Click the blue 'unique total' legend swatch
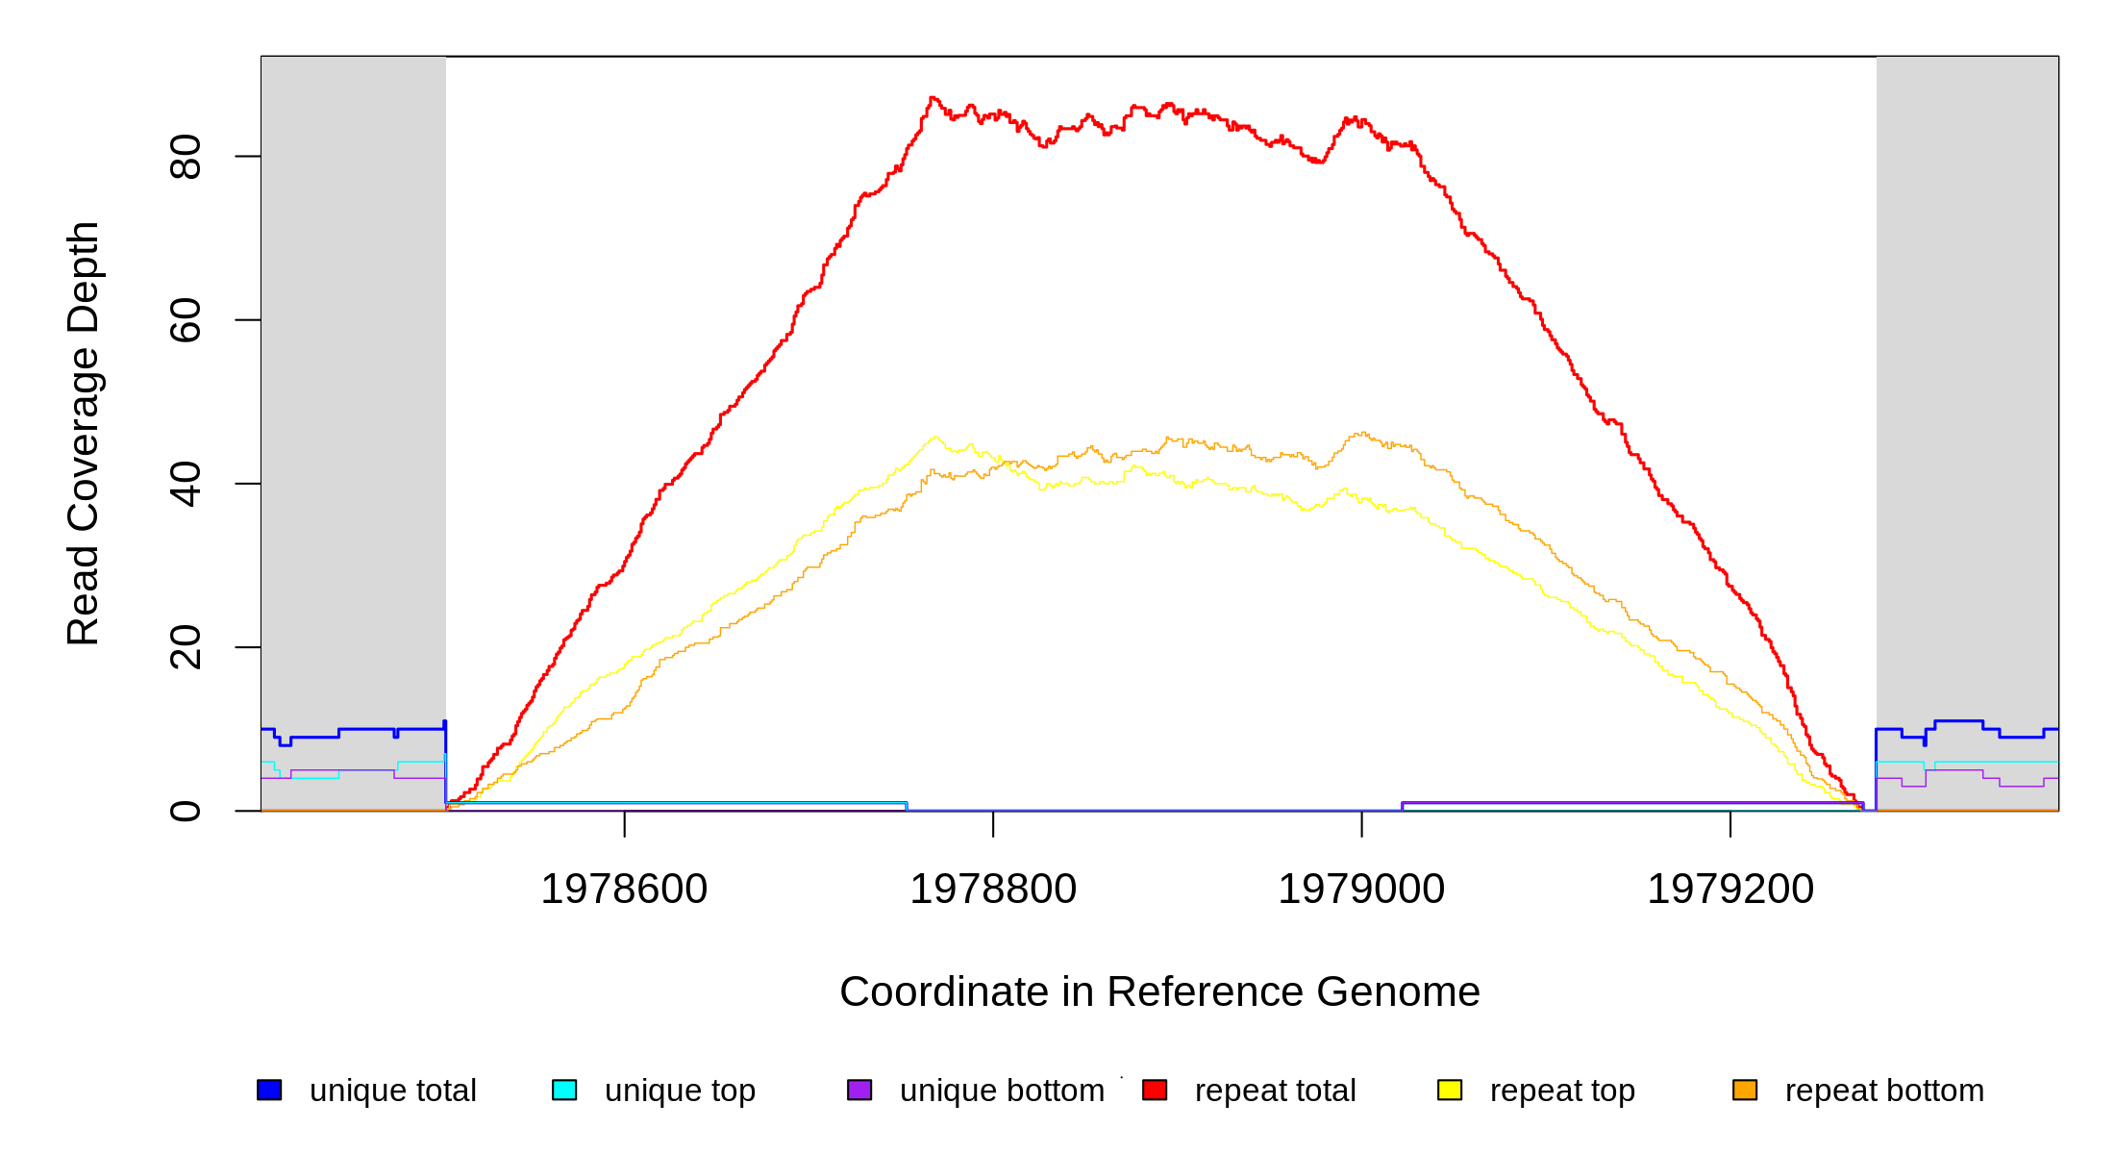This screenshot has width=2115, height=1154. click(x=269, y=1090)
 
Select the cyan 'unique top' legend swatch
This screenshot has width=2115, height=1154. click(x=564, y=1090)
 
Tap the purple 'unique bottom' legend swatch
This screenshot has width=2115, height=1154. click(x=859, y=1090)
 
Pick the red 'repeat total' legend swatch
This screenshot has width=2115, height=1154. click(x=1155, y=1090)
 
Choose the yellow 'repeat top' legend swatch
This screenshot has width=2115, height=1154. click(x=1450, y=1090)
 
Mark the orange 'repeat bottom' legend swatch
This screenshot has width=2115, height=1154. click(x=1745, y=1090)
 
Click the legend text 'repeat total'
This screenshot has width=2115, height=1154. click(x=1275, y=1091)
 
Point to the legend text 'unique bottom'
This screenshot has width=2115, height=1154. click(x=1002, y=1091)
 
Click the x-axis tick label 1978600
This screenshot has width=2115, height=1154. click(x=624, y=889)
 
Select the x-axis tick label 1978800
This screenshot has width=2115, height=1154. click(x=993, y=889)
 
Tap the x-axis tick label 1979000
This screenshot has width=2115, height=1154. click(x=1361, y=889)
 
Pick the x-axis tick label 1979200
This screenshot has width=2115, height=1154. click(x=1730, y=889)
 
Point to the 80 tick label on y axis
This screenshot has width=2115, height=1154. click(x=186, y=157)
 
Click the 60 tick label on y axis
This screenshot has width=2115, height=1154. click(x=186, y=320)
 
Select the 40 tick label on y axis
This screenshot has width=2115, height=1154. click(x=186, y=484)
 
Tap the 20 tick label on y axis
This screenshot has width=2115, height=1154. click(x=186, y=647)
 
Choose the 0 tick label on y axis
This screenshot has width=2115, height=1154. click(x=186, y=811)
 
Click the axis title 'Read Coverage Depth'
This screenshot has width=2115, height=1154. click(x=84, y=433)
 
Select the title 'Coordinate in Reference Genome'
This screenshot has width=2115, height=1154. click(x=1159, y=991)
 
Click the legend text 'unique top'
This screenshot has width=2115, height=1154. click(x=680, y=1091)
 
